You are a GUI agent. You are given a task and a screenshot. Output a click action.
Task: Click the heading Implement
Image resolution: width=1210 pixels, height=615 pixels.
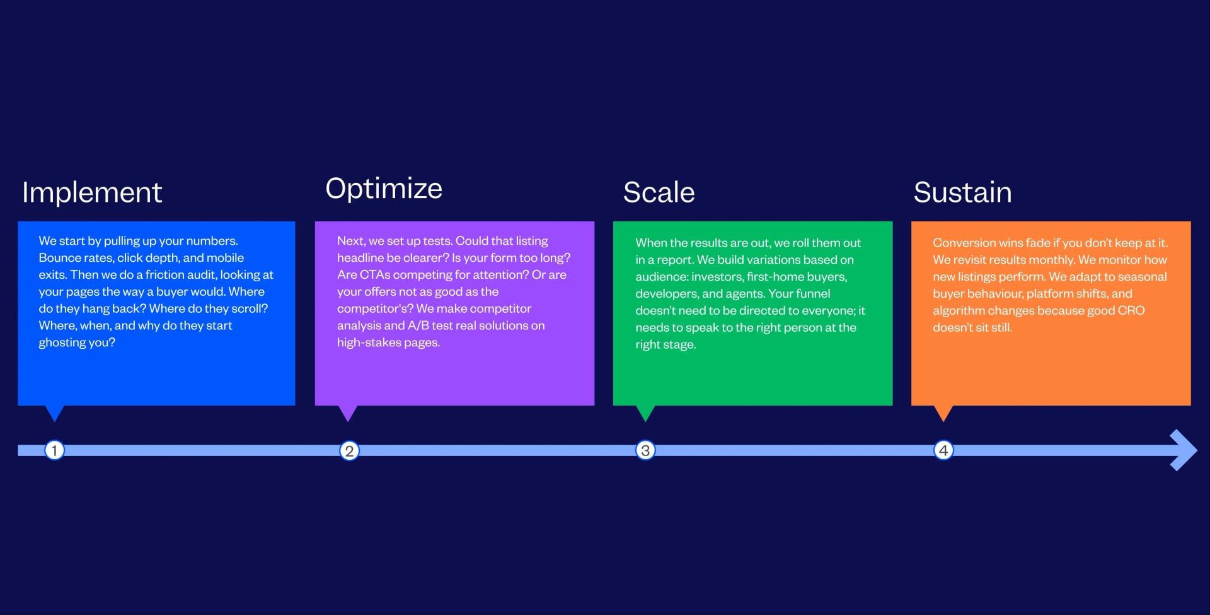point(92,192)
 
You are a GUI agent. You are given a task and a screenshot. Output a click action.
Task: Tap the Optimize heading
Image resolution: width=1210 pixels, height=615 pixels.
point(384,189)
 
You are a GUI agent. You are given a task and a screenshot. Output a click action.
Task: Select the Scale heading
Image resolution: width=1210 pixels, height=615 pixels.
point(659,192)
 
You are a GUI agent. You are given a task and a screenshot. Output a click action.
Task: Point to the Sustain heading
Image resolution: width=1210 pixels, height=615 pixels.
point(962,192)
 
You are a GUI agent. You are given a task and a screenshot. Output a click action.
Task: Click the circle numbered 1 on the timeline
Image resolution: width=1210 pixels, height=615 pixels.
point(55,450)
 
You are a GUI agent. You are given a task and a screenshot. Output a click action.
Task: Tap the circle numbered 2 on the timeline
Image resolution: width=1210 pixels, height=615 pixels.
point(349,450)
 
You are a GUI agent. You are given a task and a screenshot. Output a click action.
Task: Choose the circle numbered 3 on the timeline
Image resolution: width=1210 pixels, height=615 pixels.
point(645,450)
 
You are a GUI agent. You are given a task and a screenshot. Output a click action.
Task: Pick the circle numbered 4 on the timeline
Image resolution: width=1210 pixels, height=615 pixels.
point(943,450)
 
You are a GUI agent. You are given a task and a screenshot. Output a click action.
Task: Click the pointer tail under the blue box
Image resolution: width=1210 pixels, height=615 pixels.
point(55,413)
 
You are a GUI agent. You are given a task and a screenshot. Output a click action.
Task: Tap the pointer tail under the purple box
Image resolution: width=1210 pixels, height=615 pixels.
point(348,413)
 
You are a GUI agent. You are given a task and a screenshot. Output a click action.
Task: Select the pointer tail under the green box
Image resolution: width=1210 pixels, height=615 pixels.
point(645,413)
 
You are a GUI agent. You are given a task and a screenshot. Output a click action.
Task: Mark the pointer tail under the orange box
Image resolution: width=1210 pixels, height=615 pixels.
point(943,413)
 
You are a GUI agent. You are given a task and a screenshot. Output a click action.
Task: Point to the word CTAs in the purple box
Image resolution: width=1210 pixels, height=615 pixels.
point(375,275)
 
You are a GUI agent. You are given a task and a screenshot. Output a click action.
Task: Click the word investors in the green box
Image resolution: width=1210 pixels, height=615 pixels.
point(717,277)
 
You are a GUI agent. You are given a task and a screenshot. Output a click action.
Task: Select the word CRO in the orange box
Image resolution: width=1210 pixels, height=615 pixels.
point(1131,310)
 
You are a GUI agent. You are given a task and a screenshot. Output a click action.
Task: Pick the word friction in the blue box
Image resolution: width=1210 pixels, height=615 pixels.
point(164,275)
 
